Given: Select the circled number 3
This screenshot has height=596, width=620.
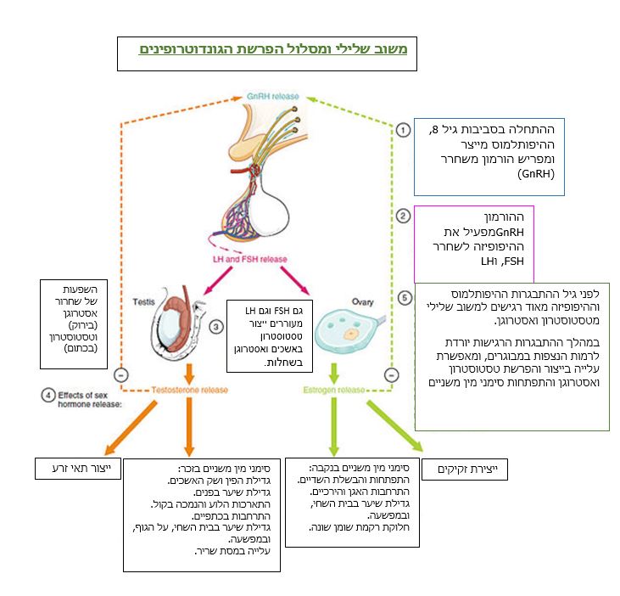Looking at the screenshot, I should tap(216, 325).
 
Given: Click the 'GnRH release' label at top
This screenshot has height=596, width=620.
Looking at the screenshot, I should tap(272, 98).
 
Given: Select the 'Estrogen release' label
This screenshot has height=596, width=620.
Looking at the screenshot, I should tap(337, 390).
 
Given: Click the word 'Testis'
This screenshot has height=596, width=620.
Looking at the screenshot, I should tap(143, 301).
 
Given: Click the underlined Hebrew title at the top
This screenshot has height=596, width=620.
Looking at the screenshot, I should tap(273, 50).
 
